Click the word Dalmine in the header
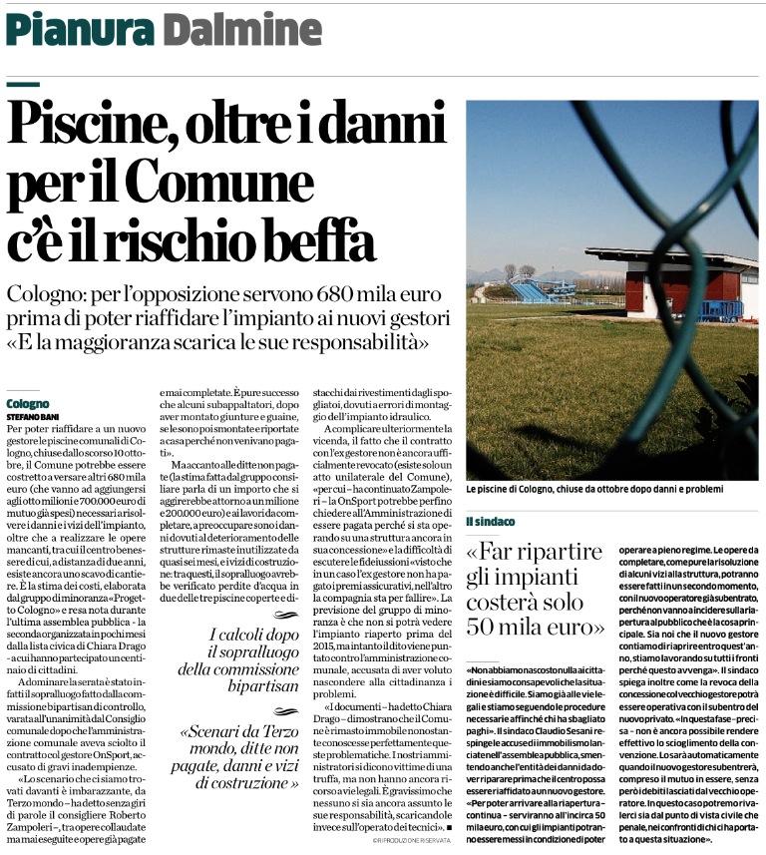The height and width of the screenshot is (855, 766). tap(230, 30)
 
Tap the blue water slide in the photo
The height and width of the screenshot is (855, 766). tap(535, 290)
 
